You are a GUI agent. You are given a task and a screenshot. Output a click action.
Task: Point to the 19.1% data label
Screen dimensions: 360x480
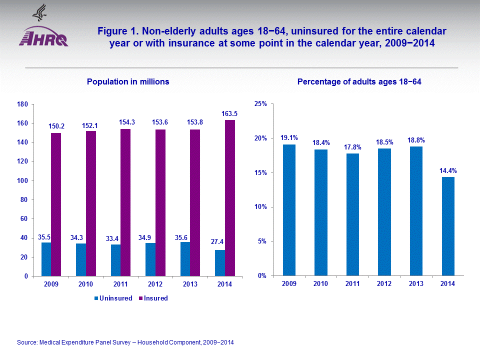click(288, 138)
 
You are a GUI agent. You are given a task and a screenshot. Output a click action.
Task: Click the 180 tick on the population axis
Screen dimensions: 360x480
click(22, 104)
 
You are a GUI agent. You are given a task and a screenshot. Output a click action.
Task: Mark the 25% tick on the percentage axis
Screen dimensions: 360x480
click(260, 103)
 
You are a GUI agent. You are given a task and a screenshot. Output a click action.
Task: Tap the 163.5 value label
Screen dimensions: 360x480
click(229, 114)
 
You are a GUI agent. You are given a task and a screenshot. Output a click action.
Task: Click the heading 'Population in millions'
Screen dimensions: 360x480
click(128, 81)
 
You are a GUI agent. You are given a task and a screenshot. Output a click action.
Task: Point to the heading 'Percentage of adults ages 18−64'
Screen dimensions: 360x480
click(359, 81)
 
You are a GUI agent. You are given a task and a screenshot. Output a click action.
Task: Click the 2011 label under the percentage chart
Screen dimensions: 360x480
click(352, 284)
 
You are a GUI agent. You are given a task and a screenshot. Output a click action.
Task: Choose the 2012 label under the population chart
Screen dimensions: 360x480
click(150, 284)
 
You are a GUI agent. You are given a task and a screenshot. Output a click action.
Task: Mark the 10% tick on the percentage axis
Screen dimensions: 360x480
click(260, 207)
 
